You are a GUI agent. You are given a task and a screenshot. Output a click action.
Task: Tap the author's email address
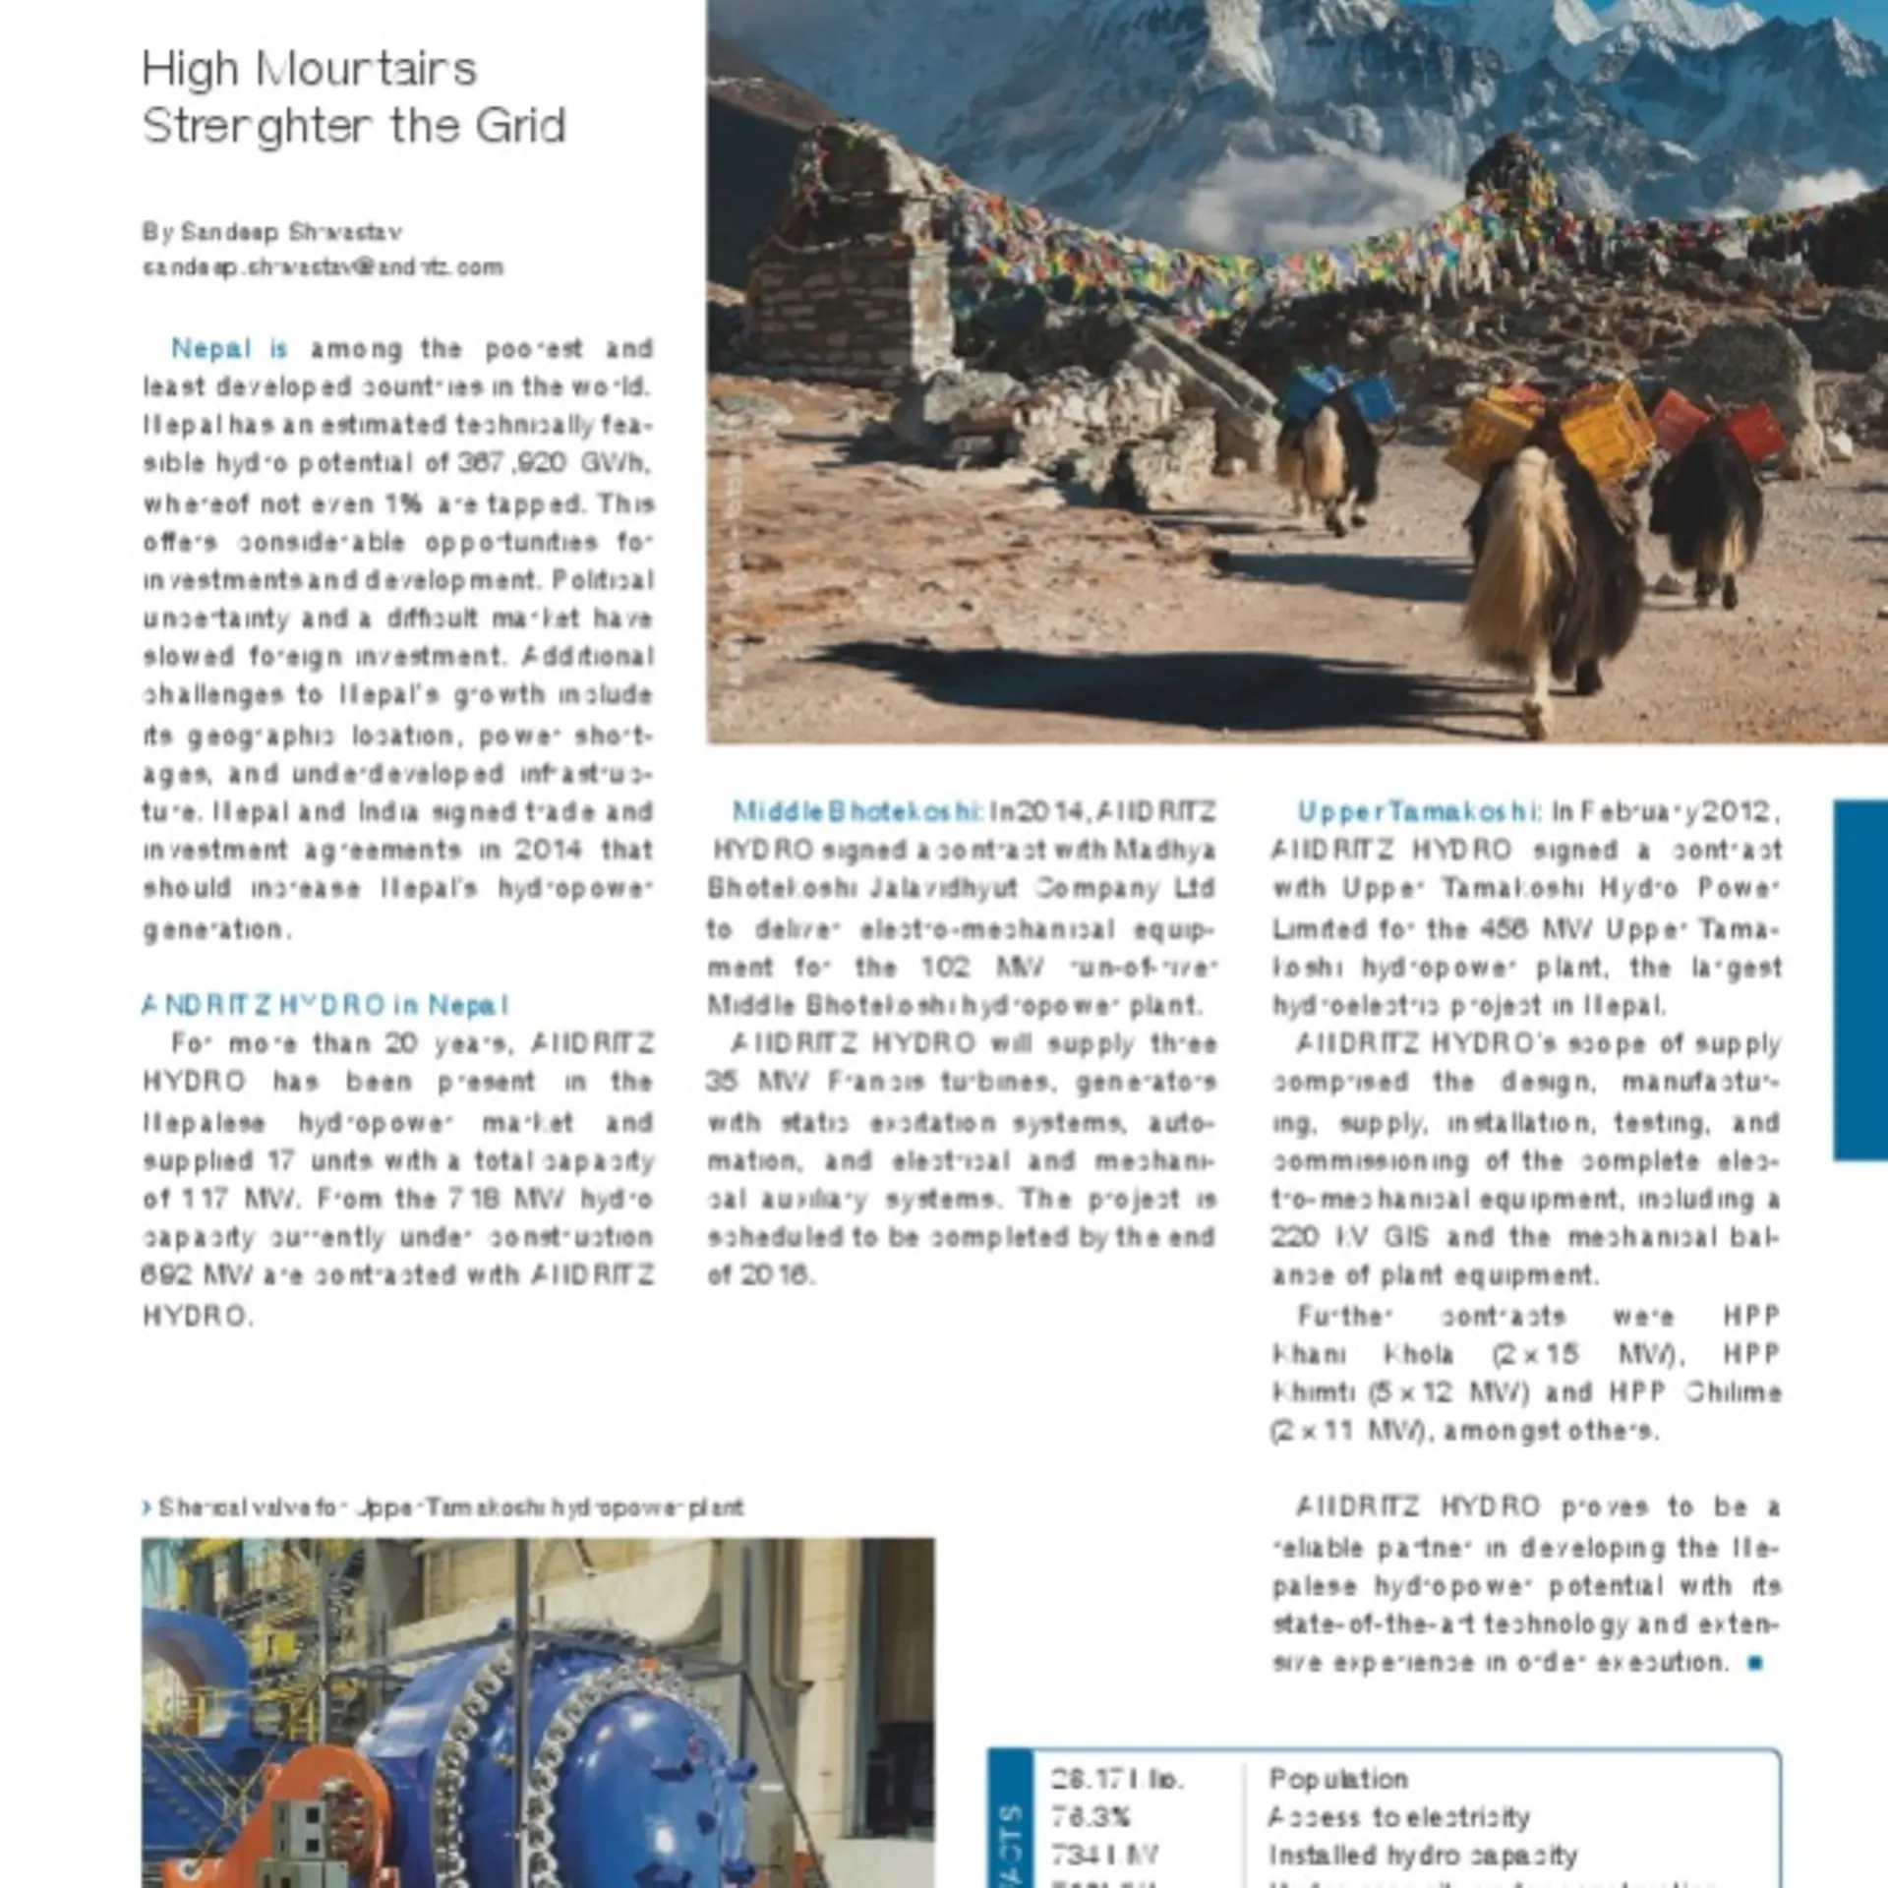point(323,267)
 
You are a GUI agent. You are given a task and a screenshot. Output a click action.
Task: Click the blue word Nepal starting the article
point(210,348)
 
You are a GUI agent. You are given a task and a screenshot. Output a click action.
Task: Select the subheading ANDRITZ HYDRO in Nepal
point(324,1005)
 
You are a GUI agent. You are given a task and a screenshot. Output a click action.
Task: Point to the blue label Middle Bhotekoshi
point(856,812)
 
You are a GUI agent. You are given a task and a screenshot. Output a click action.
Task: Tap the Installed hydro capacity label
point(1423,1856)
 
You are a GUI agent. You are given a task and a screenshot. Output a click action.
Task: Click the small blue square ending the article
point(1755,1663)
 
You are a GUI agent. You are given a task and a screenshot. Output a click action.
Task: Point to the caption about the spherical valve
point(447,1507)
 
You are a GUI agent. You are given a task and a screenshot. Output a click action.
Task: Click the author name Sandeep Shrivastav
point(271,232)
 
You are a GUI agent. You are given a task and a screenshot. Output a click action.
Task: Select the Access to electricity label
point(1399,1817)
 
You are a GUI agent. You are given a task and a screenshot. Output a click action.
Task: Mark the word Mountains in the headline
point(366,70)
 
